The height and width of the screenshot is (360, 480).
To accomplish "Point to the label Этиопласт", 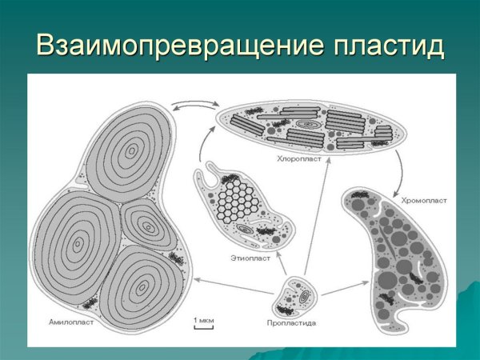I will click(250, 258).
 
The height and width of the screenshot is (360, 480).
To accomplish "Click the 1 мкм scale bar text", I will click(204, 320).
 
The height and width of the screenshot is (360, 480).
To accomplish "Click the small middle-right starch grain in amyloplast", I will click(146, 224).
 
